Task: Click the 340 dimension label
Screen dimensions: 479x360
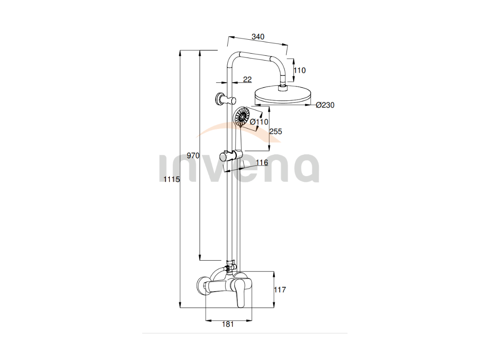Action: [x=258, y=37]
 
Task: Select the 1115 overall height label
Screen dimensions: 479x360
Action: [x=172, y=179]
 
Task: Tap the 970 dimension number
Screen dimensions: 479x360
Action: [x=193, y=156]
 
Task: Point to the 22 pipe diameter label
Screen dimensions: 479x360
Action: [x=247, y=79]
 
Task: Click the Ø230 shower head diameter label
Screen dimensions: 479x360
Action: [x=325, y=105]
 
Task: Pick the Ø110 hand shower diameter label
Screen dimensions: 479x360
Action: [x=259, y=122]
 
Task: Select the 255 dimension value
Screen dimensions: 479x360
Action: [x=276, y=132]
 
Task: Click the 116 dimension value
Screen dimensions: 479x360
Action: [x=262, y=163]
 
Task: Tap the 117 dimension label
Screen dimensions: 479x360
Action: [x=280, y=289]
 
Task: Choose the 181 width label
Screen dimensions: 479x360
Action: [x=228, y=324]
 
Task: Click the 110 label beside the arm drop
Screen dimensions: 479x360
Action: [x=300, y=70]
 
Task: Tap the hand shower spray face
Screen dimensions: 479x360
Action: [x=241, y=116]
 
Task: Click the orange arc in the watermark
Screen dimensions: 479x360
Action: [x=238, y=130]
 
